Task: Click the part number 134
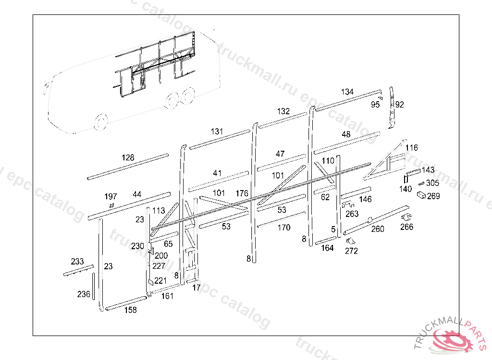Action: [x=347, y=92]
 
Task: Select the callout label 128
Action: [x=128, y=157]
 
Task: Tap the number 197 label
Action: [x=111, y=196]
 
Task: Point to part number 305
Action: [x=432, y=183]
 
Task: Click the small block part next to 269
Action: [x=421, y=195]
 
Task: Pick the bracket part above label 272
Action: [x=350, y=240]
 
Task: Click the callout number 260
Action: [x=378, y=229]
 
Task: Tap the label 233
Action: [x=77, y=262]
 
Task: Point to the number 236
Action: [x=84, y=294]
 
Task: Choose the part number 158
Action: [x=130, y=310]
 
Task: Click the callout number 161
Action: [x=167, y=296]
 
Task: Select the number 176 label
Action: [x=242, y=193]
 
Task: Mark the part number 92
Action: [x=400, y=104]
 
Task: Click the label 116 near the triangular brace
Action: [x=412, y=147]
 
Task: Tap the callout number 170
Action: [x=284, y=228]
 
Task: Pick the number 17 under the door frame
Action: [x=196, y=288]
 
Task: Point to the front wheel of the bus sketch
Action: [x=101, y=122]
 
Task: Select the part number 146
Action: [x=365, y=199]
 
